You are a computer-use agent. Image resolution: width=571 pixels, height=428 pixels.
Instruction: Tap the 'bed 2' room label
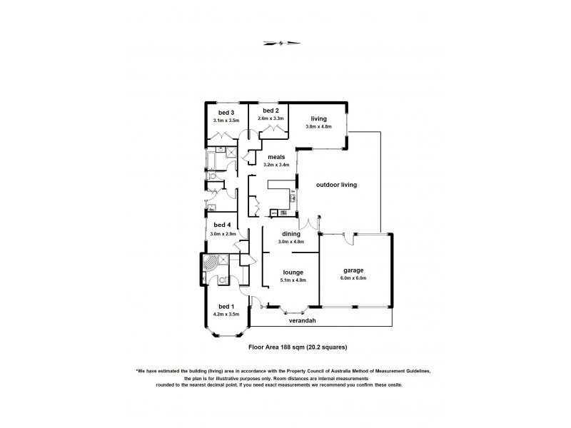pos(269,111)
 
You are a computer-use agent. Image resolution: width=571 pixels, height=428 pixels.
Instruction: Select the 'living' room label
pos(318,119)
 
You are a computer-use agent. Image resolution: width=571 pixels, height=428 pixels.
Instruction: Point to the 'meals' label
pos(276,157)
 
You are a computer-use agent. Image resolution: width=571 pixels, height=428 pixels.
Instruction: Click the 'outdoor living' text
pos(336,184)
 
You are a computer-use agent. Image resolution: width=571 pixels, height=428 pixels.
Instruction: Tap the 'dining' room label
pos(290,233)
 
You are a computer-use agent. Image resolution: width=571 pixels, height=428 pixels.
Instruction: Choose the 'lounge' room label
pos(293,272)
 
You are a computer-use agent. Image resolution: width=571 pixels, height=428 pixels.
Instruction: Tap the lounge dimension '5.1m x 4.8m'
pos(293,280)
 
